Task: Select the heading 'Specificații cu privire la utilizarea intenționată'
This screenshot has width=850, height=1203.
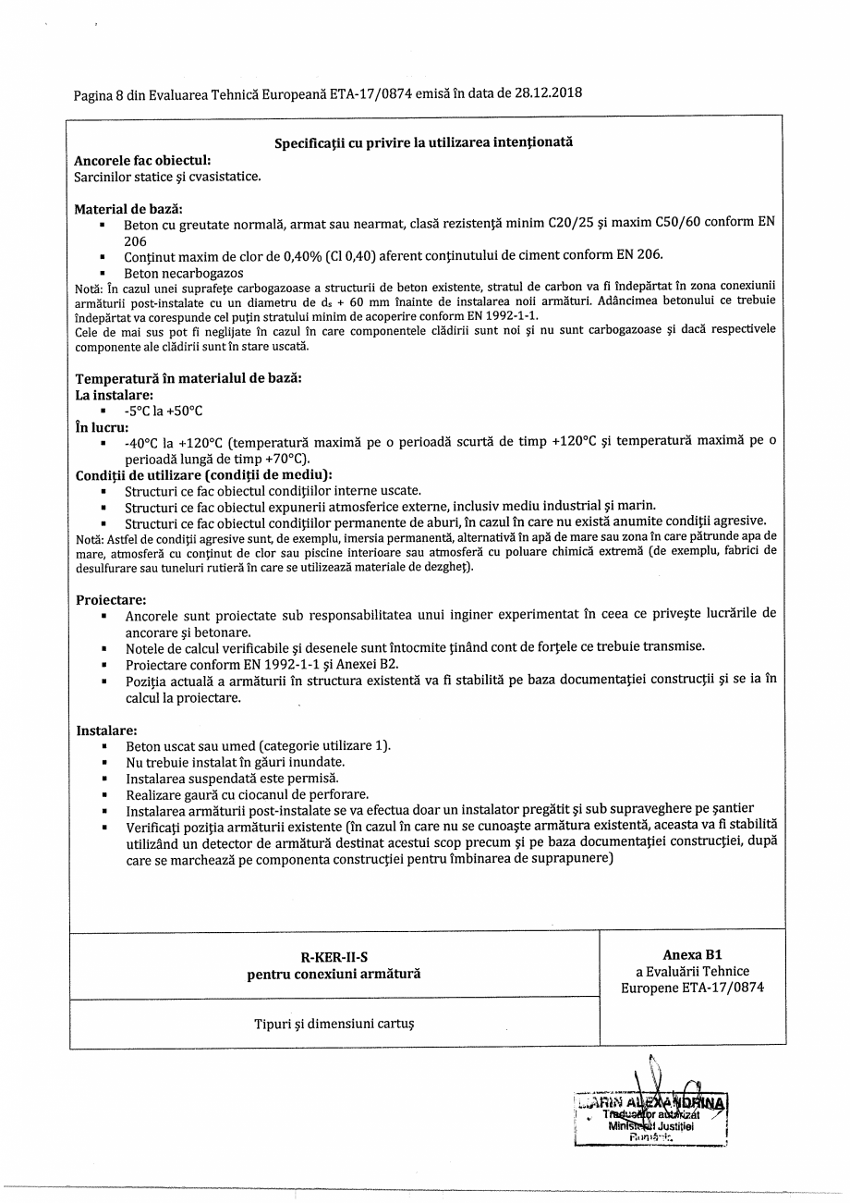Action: [x=423, y=143]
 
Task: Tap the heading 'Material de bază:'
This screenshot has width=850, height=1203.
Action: [x=128, y=208]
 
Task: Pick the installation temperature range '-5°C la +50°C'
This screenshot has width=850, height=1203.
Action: [x=164, y=411]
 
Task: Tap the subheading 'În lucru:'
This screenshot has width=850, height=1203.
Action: [x=102, y=427]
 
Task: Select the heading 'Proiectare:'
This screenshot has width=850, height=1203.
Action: [x=111, y=599]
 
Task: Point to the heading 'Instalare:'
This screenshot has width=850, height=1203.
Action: [x=106, y=730]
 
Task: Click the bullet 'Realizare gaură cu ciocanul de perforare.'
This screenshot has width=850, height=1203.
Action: [x=247, y=794]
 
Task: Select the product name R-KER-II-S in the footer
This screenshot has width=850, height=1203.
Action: [x=334, y=957]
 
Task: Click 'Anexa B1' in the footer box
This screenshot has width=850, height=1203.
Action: [x=692, y=954]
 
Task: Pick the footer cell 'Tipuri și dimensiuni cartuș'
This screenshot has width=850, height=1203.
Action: [x=334, y=1024]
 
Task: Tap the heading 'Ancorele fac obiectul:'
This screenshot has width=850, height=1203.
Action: [x=142, y=160]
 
